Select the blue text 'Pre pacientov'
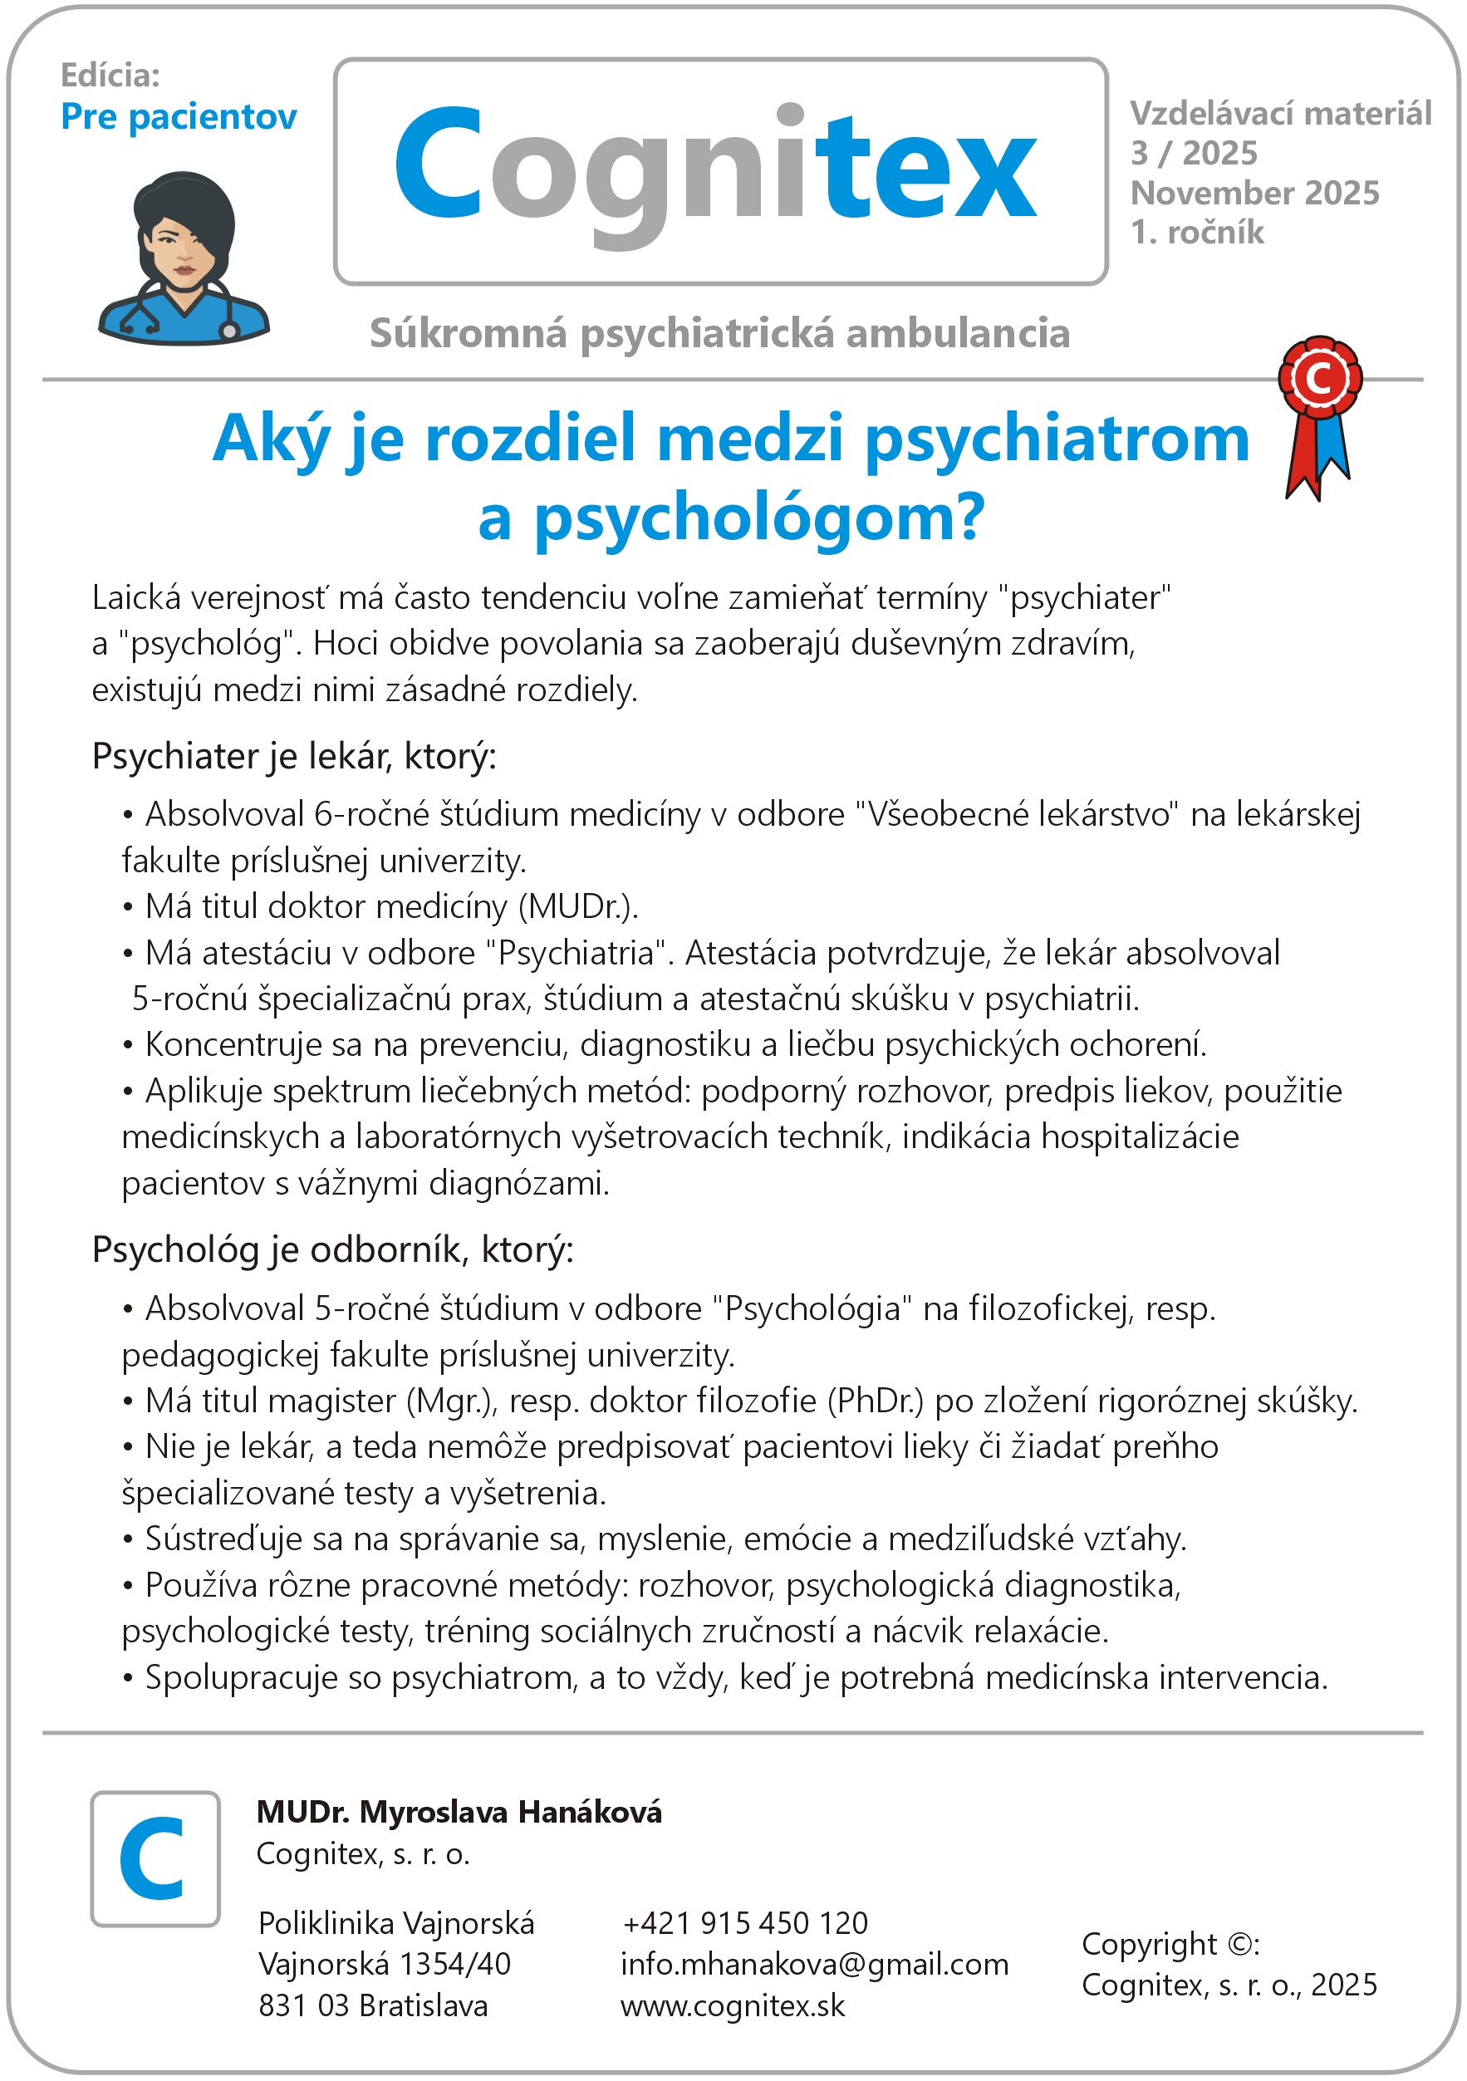179,117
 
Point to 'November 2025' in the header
1254,193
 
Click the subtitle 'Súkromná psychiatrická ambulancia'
719,333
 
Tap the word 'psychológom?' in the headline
758,518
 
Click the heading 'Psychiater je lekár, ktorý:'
295,756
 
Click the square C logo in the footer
155,1860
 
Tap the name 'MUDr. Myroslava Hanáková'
459,1812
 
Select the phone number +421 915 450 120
745,1923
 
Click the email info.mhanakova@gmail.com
814,1964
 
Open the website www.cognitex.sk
732,2005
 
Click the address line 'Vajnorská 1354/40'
384,1964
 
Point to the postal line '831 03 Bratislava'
372,2005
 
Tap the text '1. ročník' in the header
1196,233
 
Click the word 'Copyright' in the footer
1149,1944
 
